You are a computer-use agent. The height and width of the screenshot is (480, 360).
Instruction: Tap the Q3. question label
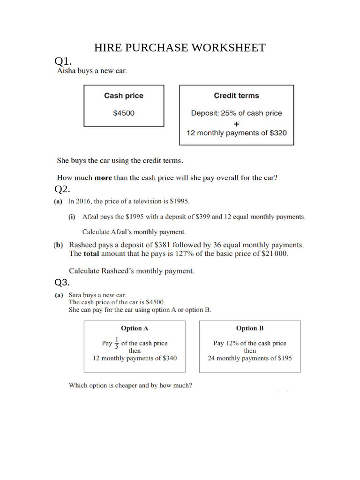pos(62,282)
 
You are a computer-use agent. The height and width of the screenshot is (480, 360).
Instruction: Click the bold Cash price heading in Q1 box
pos(124,96)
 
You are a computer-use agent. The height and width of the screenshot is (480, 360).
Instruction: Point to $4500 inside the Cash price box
pos(124,113)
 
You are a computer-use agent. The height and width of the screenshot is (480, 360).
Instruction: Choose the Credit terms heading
pos(236,96)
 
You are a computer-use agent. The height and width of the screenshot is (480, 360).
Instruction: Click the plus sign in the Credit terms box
pos(236,124)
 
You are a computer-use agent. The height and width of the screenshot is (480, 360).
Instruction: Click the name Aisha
pos(66,72)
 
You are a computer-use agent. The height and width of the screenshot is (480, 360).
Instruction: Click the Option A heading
pos(134,329)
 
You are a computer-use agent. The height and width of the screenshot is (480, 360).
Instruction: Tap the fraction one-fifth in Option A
pos(117,344)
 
